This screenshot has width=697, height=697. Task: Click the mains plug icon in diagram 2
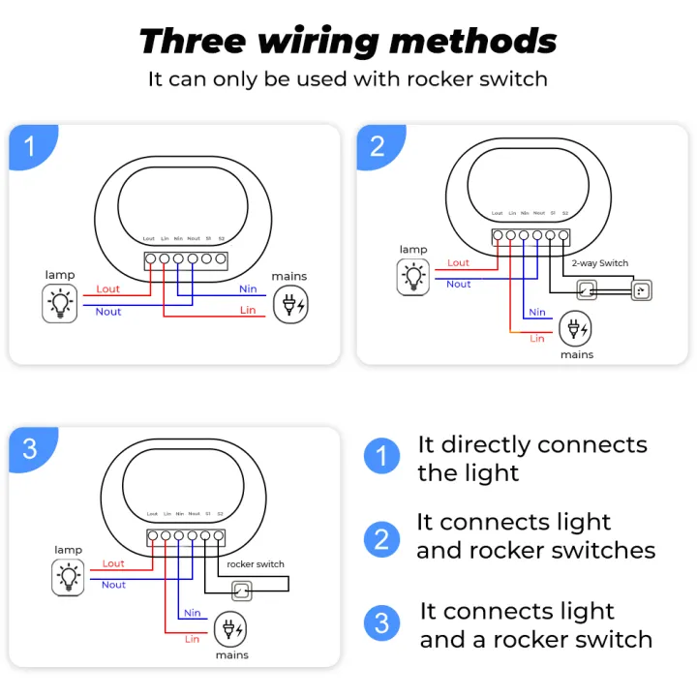[577, 328]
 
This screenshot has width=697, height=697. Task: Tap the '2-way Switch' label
[599, 262]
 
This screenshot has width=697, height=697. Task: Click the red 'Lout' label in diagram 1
[108, 288]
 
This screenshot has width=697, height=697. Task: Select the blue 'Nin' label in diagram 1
[248, 288]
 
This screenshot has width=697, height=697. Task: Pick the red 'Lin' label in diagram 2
[537, 338]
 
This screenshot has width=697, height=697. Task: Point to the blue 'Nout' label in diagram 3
[113, 585]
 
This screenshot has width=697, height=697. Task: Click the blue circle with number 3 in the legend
[381, 622]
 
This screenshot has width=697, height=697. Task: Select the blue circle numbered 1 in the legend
[381, 456]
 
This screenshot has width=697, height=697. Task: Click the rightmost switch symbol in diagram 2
[641, 289]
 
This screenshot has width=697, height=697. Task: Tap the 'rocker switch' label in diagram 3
[256, 563]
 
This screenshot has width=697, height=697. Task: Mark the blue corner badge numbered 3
[29, 448]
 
